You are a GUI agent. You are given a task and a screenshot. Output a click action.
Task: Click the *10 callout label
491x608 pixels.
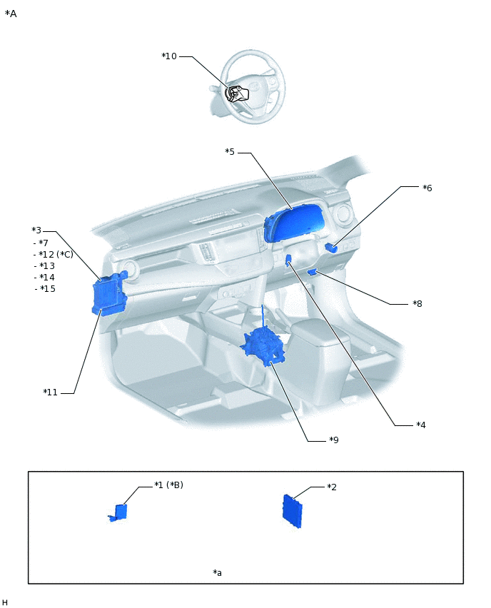coord(169,56)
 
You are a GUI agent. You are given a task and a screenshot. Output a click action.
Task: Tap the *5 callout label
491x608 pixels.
coord(230,151)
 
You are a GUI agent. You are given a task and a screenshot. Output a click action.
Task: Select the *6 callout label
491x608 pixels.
coord(427,188)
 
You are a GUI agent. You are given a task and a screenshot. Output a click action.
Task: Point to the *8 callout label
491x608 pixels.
coord(417,303)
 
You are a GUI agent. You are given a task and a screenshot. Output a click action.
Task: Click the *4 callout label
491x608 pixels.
coord(421,425)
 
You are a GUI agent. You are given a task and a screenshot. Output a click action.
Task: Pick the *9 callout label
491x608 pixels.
coord(333,440)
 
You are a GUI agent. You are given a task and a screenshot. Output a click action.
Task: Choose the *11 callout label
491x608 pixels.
coord(50,392)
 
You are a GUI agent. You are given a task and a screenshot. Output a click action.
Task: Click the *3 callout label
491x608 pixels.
coord(36,230)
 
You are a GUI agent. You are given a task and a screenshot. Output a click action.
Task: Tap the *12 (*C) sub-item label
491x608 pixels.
coord(56,254)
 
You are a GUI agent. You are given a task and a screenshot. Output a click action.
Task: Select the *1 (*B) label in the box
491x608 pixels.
coord(169,485)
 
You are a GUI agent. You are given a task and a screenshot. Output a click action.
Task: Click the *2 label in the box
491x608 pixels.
coord(332,487)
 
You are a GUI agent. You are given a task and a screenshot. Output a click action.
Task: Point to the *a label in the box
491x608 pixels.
coord(217,572)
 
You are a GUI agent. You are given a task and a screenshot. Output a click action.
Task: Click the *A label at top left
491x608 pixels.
coord(11,14)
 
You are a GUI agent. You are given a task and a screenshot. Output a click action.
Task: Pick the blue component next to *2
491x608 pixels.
coord(294,511)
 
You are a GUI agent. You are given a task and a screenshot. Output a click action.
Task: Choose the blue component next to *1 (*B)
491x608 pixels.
coord(119,512)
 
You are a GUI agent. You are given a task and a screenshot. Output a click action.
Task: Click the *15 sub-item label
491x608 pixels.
coord(47,288)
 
